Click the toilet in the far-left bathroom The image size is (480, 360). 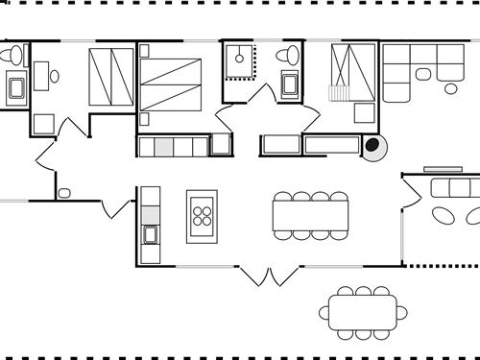tap(12, 57)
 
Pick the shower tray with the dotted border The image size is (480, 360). tap(239, 60)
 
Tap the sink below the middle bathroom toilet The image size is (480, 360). tap(291, 84)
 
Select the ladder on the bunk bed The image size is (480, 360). tap(336, 93)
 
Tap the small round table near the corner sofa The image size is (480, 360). tap(450, 88)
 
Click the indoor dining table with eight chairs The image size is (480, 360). tap(310, 215)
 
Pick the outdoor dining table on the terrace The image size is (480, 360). tap(364, 311)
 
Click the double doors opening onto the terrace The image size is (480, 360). tap(270, 276)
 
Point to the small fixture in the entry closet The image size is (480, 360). tap(63, 193)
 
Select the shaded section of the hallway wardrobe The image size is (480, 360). tap(163, 146)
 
